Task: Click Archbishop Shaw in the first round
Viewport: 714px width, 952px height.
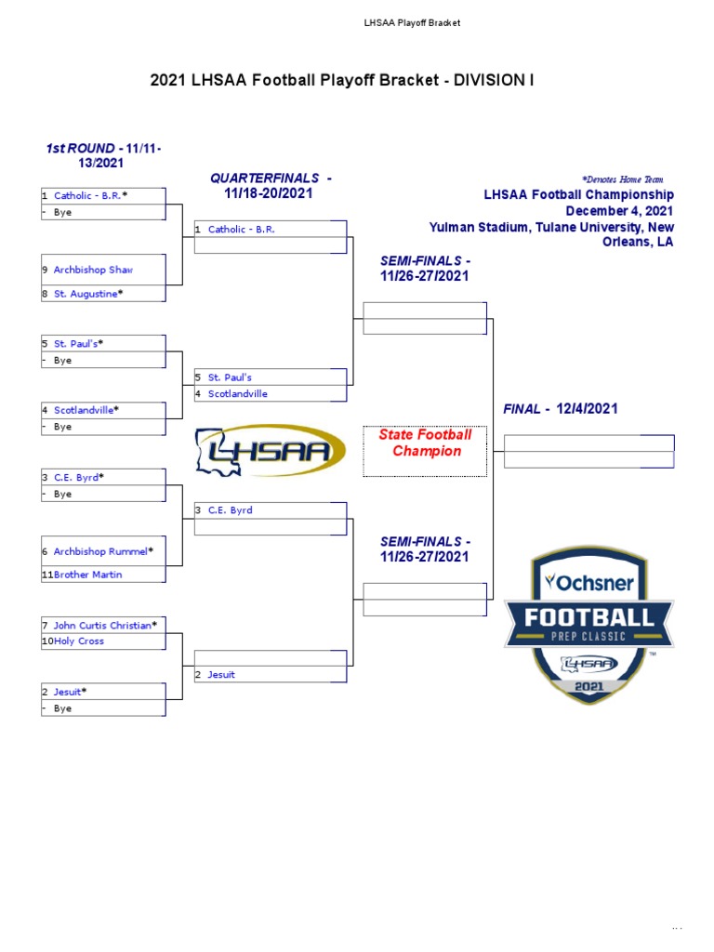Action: (x=93, y=270)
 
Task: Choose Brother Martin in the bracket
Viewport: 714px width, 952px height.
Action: (x=87, y=575)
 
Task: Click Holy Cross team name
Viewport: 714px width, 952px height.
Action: (x=79, y=641)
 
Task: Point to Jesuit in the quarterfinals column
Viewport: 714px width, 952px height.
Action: (x=221, y=675)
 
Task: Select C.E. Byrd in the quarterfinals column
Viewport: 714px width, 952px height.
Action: (x=230, y=510)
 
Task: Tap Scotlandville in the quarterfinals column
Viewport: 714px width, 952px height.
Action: (x=237, y=394)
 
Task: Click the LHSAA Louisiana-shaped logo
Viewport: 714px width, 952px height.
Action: (x=270, y=451)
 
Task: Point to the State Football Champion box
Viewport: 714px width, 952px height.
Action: (x=425, y=451)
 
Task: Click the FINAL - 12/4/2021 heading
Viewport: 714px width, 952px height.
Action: (x=561, y=409)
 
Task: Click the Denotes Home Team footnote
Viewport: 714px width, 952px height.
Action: (x=622, y=179)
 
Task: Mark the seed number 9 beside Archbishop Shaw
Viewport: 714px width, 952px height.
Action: (x=44, y=270)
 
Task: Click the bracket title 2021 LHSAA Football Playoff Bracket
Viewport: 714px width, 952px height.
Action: (x=342, y=81)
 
